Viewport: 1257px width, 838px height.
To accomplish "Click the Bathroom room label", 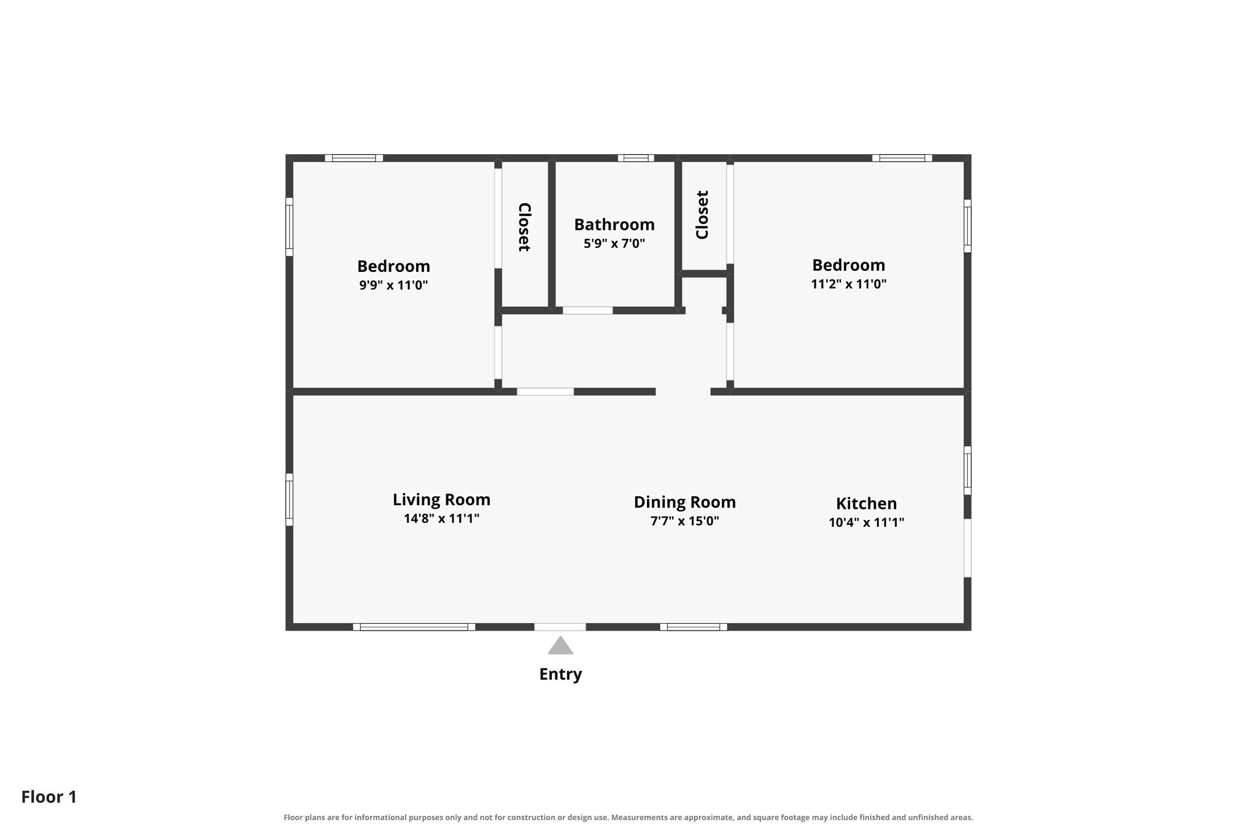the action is pos(614,225).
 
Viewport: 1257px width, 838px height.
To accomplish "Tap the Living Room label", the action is pos(441,500).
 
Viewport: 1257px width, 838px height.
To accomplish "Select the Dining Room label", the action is pos(685,502).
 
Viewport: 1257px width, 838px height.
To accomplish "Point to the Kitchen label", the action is pos(866,503).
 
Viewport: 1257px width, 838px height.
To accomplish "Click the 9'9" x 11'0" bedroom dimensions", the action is pos(393,285).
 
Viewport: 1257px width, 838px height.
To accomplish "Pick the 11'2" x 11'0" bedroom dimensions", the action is pos(849,284).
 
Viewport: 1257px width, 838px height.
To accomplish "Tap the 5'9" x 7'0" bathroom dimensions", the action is pos(614,243).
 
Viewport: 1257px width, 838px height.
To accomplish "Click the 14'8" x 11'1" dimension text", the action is pos(441,518).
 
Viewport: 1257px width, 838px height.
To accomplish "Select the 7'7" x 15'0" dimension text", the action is pos(685,521).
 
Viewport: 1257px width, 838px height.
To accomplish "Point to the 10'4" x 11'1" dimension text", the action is pos(866,522).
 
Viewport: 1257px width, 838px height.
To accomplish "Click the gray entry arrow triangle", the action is pos(560,646).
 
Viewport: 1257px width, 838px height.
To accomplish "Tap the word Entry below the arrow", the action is pos(560,674).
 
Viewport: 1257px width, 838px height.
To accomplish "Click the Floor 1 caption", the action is pos(49,797).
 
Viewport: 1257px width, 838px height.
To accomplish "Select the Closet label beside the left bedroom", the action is pos(524,227).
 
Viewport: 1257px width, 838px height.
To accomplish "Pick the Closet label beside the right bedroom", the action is pos(702,215).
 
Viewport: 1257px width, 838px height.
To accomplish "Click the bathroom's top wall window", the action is pos(636,158).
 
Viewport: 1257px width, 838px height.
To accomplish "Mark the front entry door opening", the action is pos(560,627).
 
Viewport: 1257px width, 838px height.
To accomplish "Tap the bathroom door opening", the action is pos(587,310).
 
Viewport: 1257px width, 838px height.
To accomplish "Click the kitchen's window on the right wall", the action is pos(967,470).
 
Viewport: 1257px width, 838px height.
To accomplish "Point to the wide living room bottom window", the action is pos(414,627).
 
